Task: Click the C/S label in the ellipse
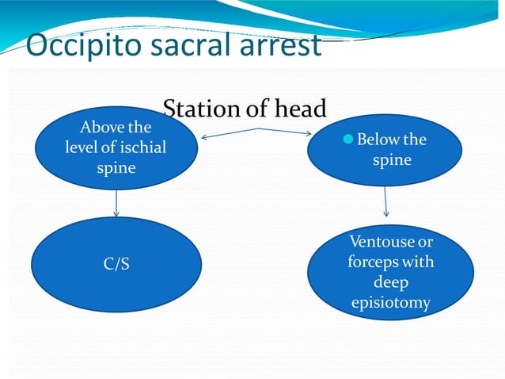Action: (116, 264)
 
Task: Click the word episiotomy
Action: (390, 303)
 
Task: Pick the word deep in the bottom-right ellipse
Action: (390, 282)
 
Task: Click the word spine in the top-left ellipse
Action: (116, 168)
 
